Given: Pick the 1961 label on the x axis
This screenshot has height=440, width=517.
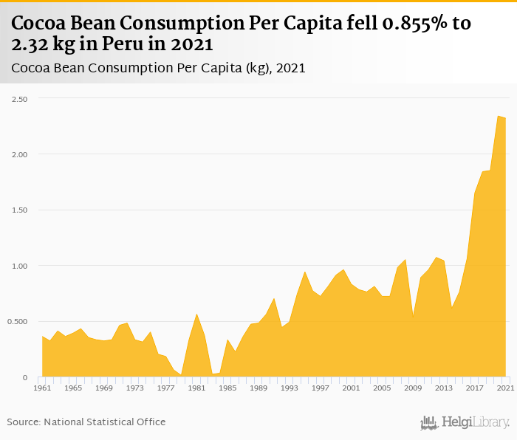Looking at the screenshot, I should (42, 388).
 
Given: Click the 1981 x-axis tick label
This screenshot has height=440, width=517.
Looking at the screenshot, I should (196, 388).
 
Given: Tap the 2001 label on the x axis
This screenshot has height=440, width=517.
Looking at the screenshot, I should (351, 388).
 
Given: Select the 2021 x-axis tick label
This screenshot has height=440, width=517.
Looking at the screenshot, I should (505, 388).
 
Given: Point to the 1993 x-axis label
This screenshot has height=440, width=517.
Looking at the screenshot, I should (289, 388).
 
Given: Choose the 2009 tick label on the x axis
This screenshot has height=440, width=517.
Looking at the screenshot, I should (413, 388).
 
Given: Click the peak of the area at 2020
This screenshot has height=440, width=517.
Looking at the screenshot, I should (498, 116).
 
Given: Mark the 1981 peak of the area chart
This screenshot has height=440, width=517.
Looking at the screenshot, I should (196, 314).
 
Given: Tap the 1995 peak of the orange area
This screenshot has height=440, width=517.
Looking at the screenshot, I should (304, 272).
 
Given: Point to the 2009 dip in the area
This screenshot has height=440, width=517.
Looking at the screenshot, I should (413, 317).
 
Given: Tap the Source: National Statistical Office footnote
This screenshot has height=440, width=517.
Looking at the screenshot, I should (86, 422).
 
